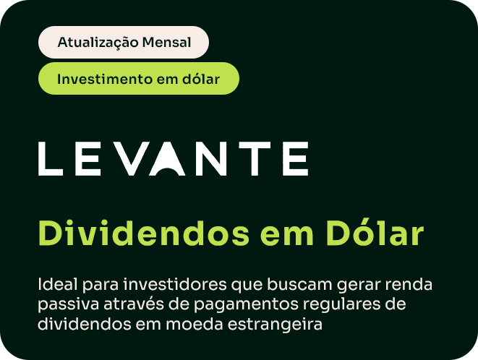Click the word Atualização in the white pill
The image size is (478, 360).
(x=98, y=43)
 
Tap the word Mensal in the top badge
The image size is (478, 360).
(x=166, y=43)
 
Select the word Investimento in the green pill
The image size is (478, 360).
(x=105, y=80)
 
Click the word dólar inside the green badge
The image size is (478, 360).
(x=201, y=79)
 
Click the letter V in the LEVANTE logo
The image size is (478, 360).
(x=133, y=159)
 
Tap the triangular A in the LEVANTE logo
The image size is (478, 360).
(x=167, y=159)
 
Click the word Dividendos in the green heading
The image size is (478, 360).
(x=144, y=233)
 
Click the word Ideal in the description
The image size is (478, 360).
(x=58, y=284)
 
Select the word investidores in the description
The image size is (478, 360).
(x=175, y=284)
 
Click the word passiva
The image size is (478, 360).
(x=68, y=305)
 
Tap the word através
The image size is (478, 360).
(x=134, y=304)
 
